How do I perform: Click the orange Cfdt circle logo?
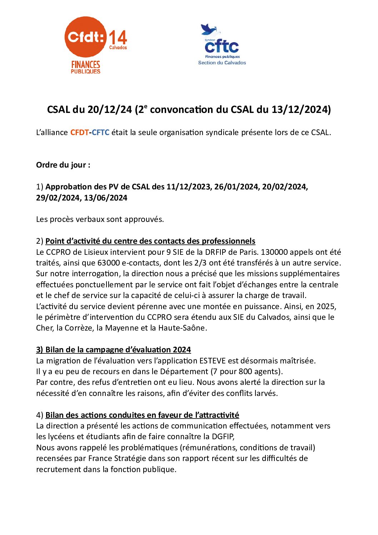(85, 37)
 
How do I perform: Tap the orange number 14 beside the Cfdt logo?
(118, 38)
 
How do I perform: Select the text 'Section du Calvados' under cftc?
(222, 63)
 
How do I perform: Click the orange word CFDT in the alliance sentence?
(79, 133)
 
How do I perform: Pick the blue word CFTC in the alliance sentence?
(100, 133)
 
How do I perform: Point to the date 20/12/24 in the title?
(110, 110)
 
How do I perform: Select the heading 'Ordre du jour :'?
(63, 165)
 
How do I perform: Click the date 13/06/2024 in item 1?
(105, 198)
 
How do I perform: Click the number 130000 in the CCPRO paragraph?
(274, 252)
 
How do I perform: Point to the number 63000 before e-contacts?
(108, 263)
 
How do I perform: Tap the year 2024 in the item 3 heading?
(182, 350)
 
